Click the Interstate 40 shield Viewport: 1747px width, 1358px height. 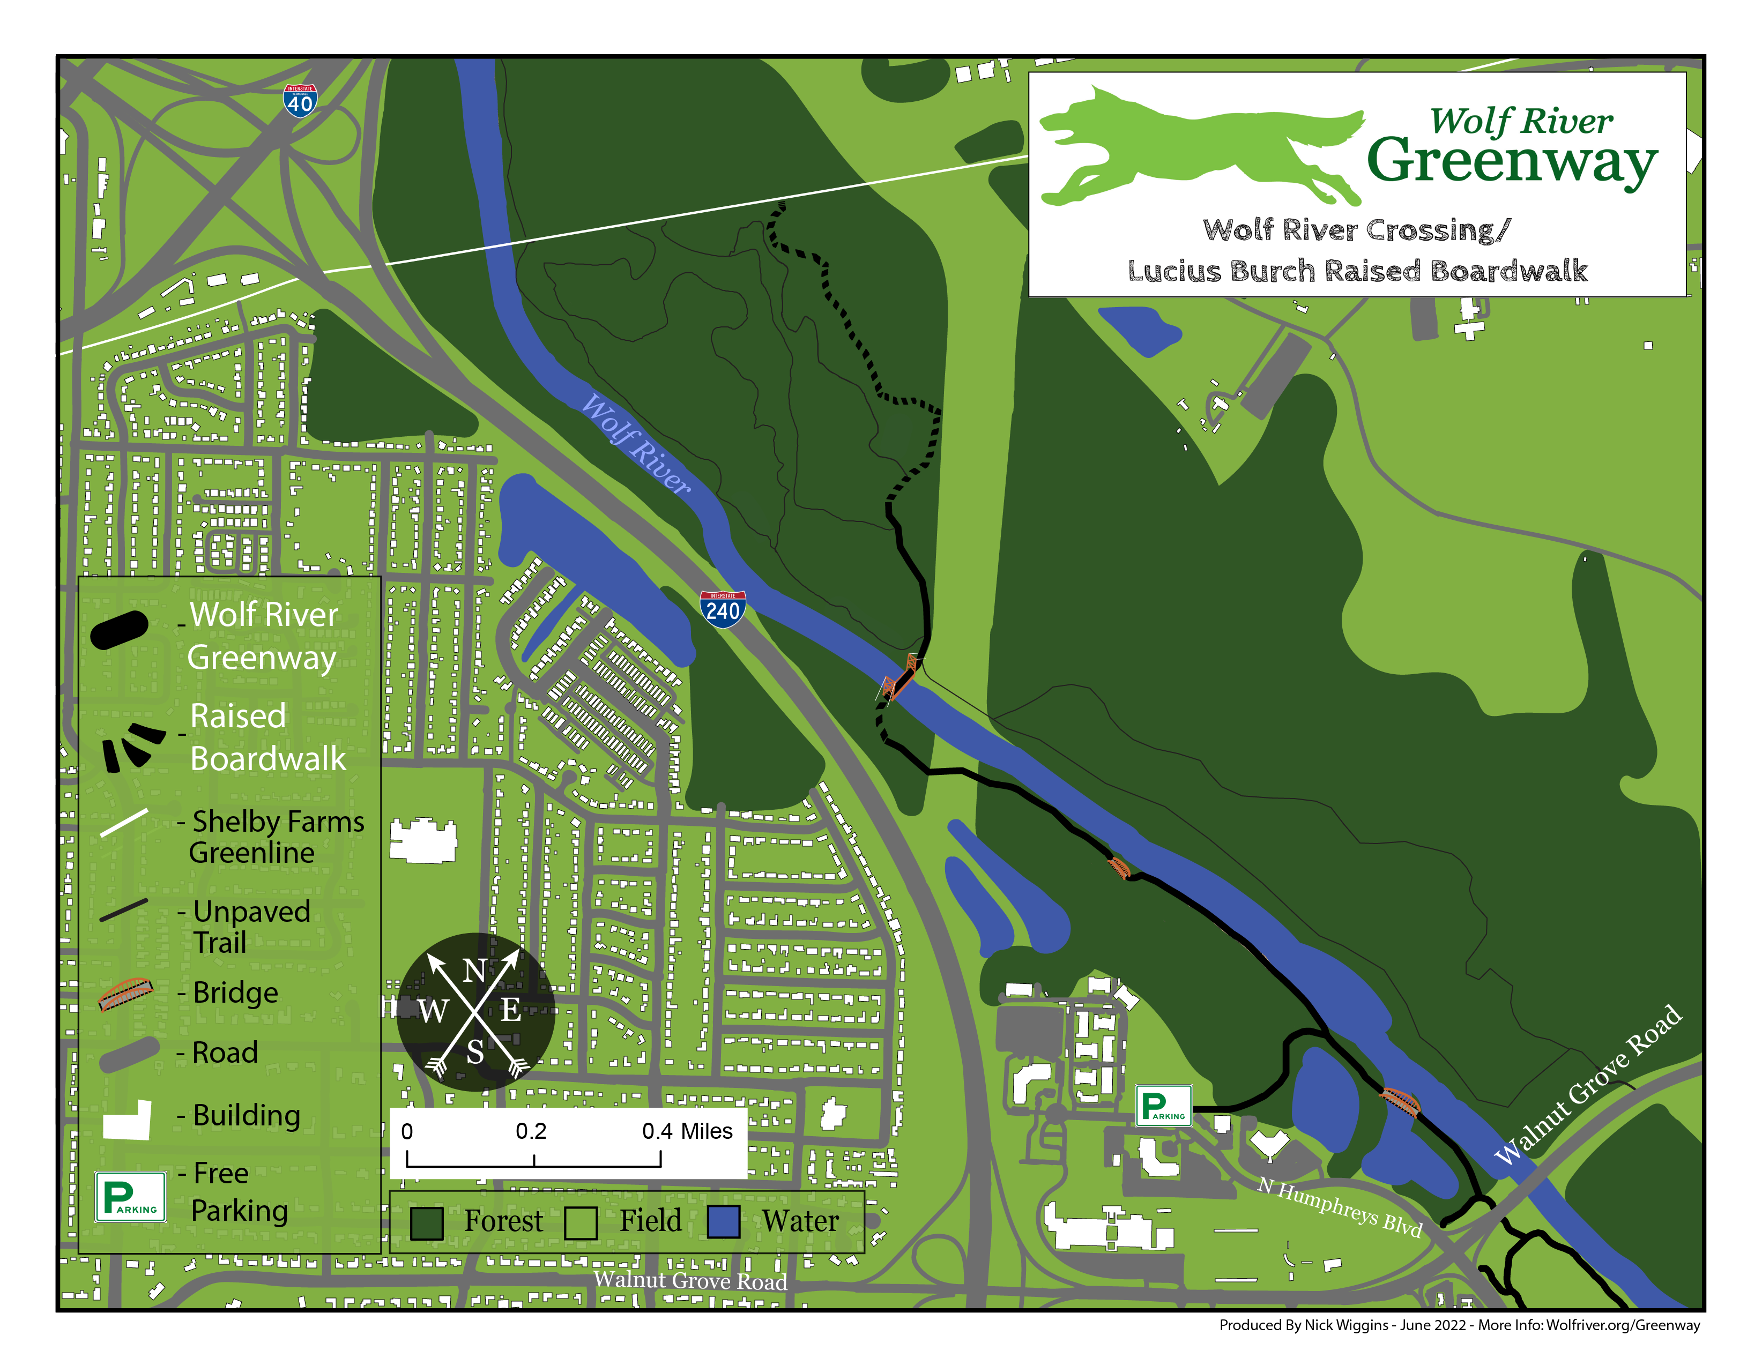click(x=300, y=101)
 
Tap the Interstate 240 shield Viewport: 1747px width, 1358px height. click(x=722, y=609)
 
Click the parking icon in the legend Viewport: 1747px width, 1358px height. click(x=130, y=1197)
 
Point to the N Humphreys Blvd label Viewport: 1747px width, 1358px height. click(x=1339, y=1207)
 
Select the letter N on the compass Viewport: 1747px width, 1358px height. click(x=474, y=971)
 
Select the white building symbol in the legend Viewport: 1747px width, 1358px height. click(x=128, y=1120)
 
